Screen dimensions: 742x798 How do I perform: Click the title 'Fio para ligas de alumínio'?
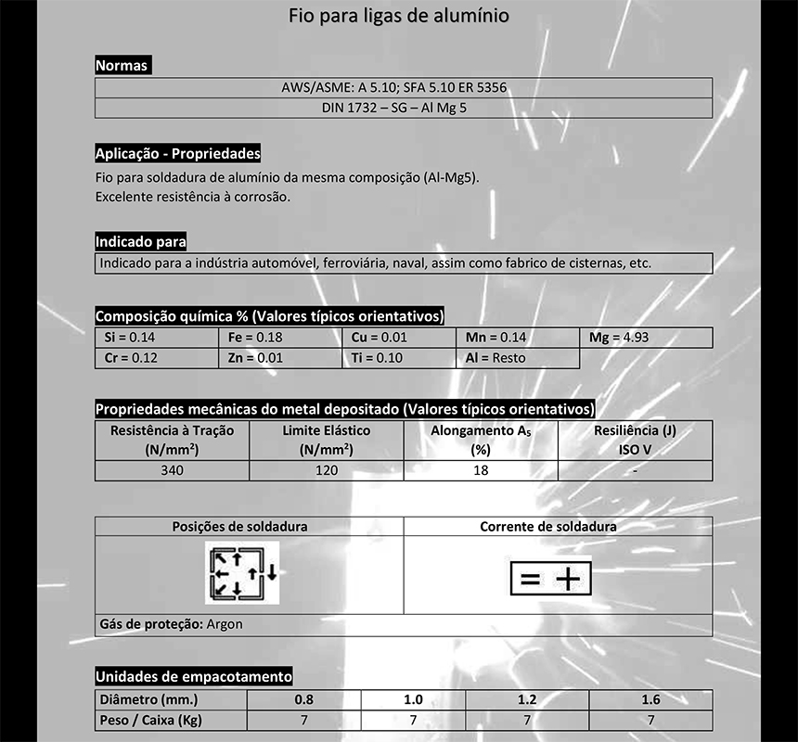(398, 16)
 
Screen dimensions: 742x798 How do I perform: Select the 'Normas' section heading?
(122, 66)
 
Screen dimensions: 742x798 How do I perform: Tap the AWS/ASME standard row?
(404, 88)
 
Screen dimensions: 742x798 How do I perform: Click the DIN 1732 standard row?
(404, 108)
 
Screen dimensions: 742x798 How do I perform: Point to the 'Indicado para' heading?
(141, 242)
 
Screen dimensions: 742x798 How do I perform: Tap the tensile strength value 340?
(172, 470)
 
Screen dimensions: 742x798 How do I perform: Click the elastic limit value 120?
(326, 470)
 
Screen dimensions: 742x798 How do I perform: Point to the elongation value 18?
(480, 470)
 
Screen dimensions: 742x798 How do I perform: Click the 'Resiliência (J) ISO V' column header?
(635, 440)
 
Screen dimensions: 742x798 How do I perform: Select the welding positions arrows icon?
(241, 575)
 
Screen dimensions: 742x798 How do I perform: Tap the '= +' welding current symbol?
(549, 580)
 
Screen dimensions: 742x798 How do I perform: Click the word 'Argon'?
(225, 624)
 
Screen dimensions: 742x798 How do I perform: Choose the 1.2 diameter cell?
(526, 699)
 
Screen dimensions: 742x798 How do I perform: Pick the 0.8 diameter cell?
(303, 699)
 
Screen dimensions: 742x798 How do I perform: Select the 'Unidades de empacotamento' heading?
(194, 676)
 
